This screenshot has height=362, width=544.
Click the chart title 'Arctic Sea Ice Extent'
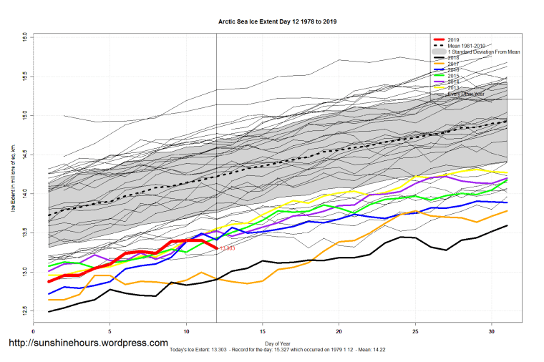[277, 22]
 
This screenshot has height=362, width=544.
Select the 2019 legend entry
[453, 39]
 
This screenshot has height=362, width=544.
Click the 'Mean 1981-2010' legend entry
[465, 46]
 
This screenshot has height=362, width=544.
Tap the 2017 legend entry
[453, 64]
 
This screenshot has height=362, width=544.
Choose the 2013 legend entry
[453, 88]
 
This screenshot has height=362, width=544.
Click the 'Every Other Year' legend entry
[463, 94]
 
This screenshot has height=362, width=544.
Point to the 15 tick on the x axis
[263, 331]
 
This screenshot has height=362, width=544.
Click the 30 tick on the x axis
[492, 331]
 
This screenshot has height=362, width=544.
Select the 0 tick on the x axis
[34, 331]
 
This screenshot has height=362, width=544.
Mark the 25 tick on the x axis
[415, 331]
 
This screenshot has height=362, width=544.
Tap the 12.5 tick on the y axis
[24, 311]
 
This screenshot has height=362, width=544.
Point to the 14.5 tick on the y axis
[24, 153]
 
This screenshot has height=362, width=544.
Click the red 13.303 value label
[228, 248]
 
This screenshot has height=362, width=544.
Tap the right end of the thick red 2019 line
[216, 248]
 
